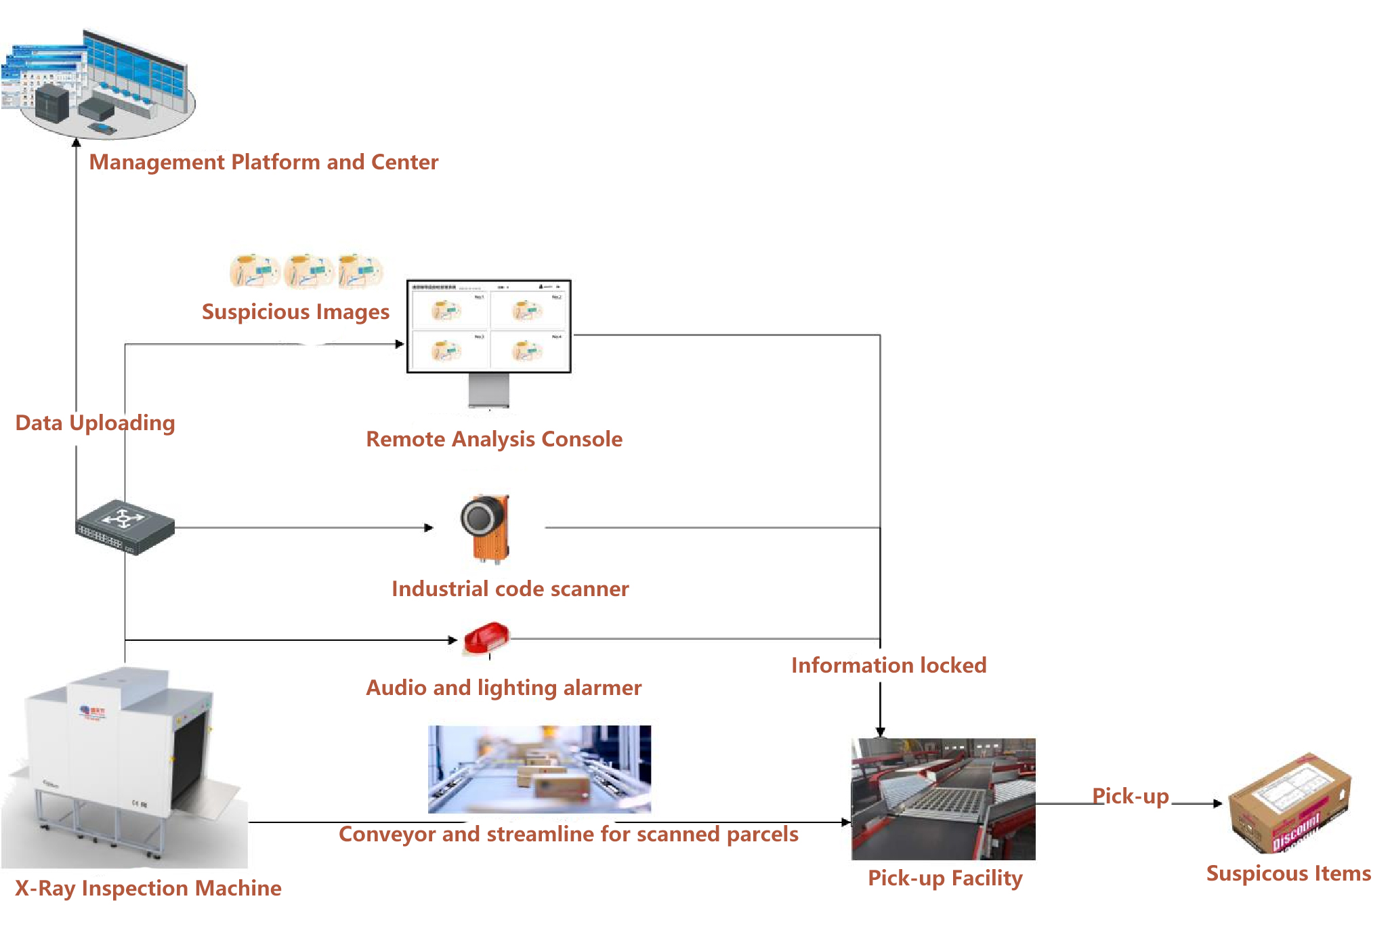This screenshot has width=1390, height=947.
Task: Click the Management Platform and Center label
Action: (264, 163)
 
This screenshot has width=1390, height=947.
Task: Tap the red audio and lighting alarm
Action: (486, 638)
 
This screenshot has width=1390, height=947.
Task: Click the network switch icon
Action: (125, 527)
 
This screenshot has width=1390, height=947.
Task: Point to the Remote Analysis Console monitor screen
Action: (488, 327)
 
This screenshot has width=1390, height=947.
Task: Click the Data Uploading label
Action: (95, 423)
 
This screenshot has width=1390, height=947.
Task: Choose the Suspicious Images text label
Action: (295, 312)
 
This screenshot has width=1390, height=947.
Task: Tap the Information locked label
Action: (888, 665)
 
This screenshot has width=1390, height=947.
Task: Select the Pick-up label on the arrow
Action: (1130, 796)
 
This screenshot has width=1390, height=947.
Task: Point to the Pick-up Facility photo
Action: (943, 799)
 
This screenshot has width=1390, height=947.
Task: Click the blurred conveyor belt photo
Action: (539, 769)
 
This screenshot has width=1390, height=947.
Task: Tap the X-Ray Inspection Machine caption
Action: (148, 888)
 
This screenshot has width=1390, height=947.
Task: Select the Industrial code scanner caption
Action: (509, 589)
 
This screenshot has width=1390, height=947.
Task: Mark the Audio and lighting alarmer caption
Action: (503, 688)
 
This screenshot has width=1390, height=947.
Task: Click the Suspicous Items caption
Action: (1288, 873)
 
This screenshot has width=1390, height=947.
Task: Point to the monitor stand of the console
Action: (488, 390)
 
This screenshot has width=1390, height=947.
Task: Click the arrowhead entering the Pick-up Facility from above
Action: (880, 732)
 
